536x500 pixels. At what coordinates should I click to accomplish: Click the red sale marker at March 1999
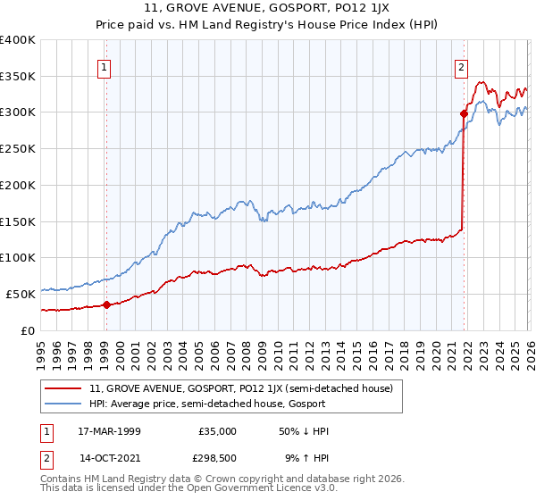[x=106, y=304]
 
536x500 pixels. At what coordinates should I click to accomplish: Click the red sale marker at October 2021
[x=465, y=113]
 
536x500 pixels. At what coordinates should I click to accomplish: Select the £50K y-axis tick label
[x=21, y=294]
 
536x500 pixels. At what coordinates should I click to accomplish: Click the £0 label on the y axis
[x=29, y=330]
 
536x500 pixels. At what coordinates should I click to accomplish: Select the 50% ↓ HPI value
[x=305, y=431]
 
